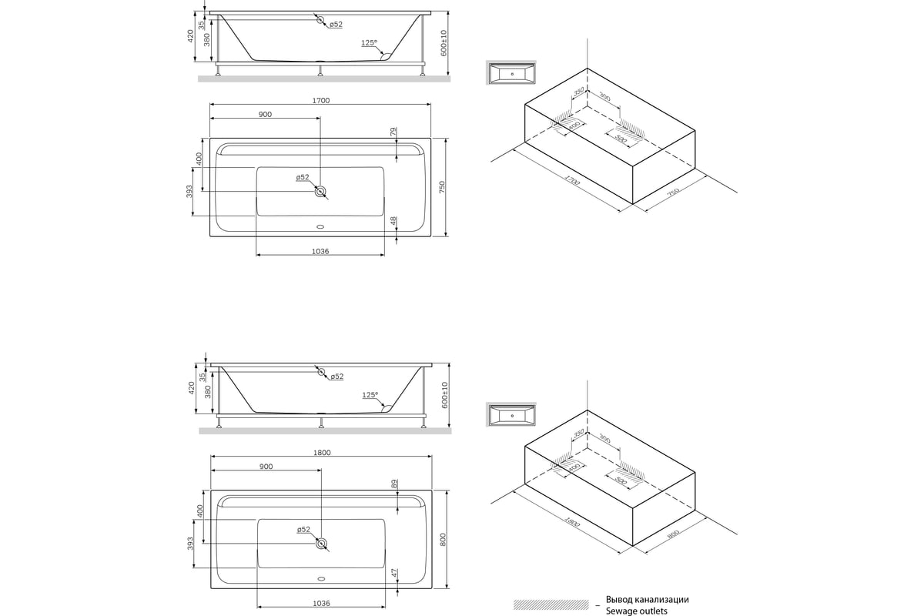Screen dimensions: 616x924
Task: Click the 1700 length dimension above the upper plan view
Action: (x=321, y=100)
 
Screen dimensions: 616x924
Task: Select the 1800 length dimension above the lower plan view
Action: (x=321, y=452)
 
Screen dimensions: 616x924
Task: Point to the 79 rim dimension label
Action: (x=393, y=133)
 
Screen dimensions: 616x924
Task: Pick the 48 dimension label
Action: (x=393, y=222)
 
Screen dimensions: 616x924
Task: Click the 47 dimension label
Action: (x=393, y=574)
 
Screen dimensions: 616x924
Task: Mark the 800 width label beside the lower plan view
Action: (x=442, y=540)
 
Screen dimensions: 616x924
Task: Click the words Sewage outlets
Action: (x=637, y=611)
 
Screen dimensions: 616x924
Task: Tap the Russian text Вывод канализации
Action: (x=647, y=599)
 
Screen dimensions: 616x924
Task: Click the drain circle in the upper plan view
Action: (x=320, y=192)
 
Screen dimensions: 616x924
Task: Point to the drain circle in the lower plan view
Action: (x=320, y=544)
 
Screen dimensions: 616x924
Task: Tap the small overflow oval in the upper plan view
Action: (x=320, y=227)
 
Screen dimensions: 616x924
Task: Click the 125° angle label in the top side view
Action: (x=369, y=43)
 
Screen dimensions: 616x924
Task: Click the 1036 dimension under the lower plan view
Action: (x=322, y=603)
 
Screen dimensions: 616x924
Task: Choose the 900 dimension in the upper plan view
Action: (x=265, y=114)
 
